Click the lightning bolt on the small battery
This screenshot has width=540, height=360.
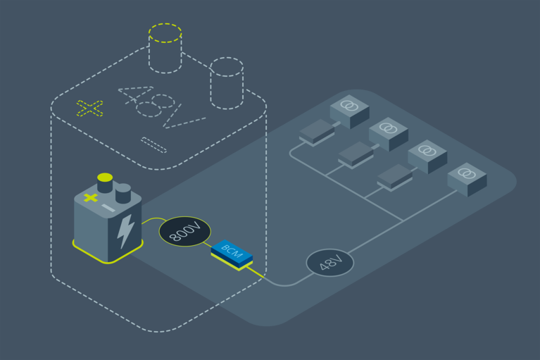click(x=126, y=230)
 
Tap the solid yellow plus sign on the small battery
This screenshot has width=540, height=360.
click(x=90, y=198)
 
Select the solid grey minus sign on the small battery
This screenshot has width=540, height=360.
click(x=108, y=208)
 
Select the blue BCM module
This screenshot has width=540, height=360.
click(x=232, y=252)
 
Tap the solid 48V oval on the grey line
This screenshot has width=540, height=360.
click(x=329, y=263)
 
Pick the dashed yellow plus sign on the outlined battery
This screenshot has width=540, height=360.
click(x=89, y=108)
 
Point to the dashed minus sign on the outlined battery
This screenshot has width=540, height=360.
click(x=153, y=144)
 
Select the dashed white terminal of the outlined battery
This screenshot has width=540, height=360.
click(x=227, y=82)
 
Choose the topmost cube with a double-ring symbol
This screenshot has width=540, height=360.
click(x=349, y=111)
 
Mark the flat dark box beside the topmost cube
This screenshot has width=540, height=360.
click(x=318, y=131)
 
